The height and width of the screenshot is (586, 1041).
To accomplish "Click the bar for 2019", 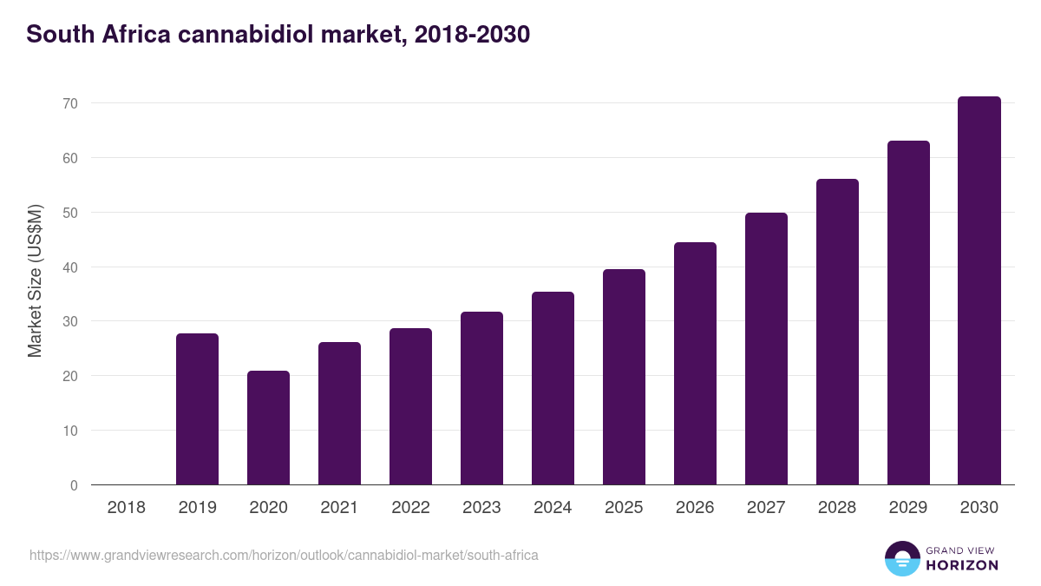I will [x=197, y=409].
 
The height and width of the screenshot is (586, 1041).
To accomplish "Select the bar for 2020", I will [x=268, y=428].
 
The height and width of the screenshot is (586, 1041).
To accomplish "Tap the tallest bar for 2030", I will [x=979, y=291].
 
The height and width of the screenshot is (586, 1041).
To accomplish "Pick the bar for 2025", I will [x=624, y=377].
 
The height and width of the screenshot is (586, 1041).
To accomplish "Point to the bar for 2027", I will [x=766, y=349].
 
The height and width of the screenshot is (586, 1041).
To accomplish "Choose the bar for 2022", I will [x=410, y=406].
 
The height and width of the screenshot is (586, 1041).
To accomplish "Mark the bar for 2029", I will [x=908, y=313].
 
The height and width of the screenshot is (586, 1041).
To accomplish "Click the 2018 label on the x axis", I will [x=126, y=508].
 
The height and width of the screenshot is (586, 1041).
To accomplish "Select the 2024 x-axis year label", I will [x=553, y=508].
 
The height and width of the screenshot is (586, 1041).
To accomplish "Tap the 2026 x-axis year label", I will [x=695, y=508].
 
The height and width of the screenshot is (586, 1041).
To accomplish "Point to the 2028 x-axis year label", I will [x=837, y=508].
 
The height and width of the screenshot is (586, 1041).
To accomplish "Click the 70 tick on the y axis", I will [x=69, y=103].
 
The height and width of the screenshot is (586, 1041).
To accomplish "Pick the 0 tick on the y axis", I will [x=74, y=485].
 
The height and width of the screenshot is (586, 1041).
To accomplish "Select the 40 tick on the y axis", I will [x=69, y=267].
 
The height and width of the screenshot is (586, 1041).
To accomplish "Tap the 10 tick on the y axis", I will [x=69, y=431].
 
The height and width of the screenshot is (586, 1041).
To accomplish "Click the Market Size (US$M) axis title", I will [x=35, y=280].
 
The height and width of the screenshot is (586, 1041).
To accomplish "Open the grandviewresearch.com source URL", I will [x=284, y=555].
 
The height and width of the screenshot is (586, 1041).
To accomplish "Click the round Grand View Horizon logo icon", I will [x=901, y=559].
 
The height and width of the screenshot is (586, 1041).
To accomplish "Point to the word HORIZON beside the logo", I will [x=962, y=565].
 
